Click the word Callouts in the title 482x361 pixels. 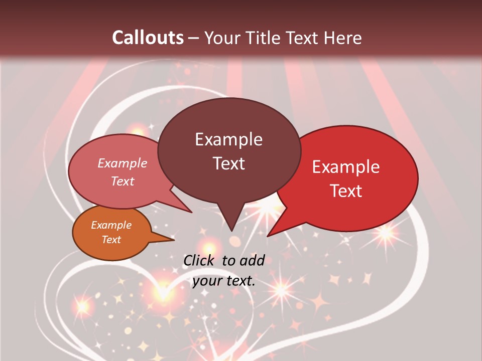tap(148, 38)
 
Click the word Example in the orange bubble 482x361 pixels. tap(111, 225)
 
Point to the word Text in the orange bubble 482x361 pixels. tap(111, 240)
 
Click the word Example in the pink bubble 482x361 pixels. tap(123, 163)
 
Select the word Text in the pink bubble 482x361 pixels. tap(123, 182)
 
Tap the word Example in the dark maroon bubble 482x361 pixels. tap(228, 139)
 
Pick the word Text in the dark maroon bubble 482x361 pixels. tap(228, 163)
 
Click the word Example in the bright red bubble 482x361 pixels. tap(346, 167)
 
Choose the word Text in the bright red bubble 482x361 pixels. tap(346, 191)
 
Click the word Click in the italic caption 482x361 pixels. tap(200, 260)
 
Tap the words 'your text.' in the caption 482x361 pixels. tap(224, 281)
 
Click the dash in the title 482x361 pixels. tap(194, 38)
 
